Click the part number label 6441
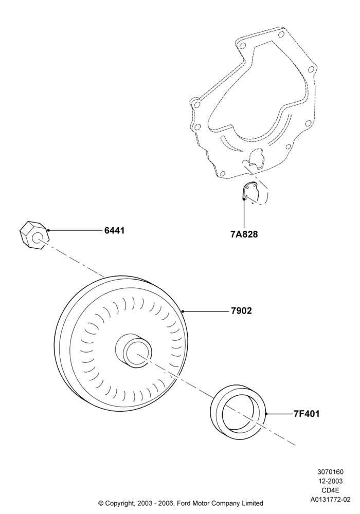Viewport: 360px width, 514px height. point(114,230)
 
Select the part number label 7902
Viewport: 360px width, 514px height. point(241,311)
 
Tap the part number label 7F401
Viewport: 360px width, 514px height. point(307,414)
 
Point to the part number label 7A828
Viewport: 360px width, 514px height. point(244,234)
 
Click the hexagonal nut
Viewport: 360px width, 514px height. point(34,236)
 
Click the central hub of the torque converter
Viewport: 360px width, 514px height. point(134,351)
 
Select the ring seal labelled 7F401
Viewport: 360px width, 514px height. point(238,412)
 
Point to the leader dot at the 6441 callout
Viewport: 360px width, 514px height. point(48,230)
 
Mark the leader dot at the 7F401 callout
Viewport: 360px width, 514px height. point(266,414)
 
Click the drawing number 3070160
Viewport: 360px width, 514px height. point(330,472)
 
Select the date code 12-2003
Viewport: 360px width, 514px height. point(330,481)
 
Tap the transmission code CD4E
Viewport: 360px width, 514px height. point(330,490)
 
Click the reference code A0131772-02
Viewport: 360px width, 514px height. point(330,500)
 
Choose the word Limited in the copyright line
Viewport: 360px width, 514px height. point(252,503)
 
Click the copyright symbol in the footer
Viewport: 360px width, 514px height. point(101,503)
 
